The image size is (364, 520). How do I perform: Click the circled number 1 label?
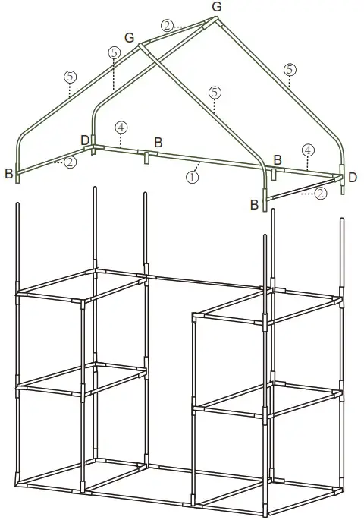point(193,176)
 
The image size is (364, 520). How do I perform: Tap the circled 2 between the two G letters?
point(167,25)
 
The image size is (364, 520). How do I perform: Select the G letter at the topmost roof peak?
point(217,7)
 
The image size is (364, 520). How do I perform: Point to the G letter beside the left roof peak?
point(129,37)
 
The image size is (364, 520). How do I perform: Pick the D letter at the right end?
point(352,177)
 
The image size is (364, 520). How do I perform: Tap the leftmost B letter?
point(8,174)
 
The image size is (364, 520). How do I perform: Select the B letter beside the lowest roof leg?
point(254,203)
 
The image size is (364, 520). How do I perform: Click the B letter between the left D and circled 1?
point(158,142)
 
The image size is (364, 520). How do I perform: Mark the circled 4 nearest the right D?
point(306,150)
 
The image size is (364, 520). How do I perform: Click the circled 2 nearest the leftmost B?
point(70,162)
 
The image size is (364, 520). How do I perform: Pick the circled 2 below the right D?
point(320,194)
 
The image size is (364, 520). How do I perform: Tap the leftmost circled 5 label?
point(70,76)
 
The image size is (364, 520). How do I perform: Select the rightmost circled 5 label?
point(289,69)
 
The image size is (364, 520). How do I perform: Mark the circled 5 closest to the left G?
point(114,52)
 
